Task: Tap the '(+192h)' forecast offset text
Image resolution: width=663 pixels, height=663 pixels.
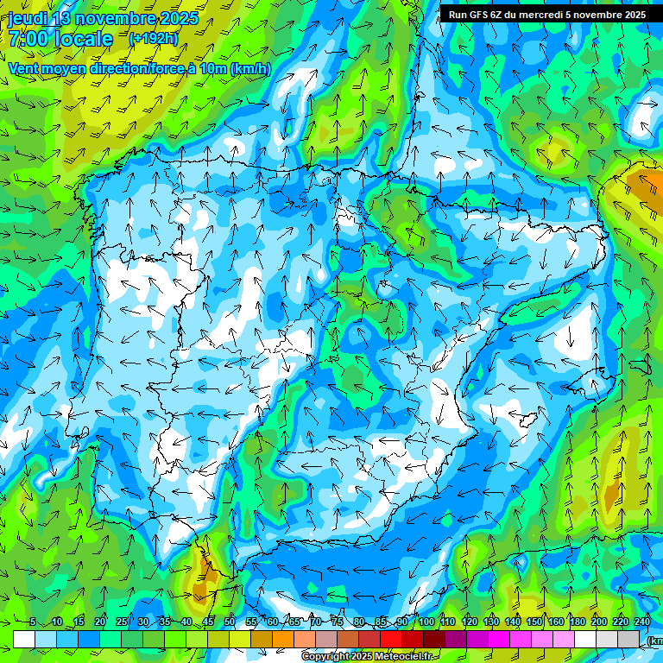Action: click(x=153, y=38)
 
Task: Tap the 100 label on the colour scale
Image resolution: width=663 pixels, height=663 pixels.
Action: click(x=426, y=622)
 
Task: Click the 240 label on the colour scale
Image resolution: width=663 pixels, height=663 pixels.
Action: click(x=642, y=622)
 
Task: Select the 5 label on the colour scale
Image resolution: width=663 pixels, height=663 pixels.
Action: click(x=33, y=622)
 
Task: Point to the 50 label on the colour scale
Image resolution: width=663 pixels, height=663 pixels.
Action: click(x=230, y=622)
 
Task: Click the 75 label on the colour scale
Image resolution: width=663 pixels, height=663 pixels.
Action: click(x=338, y=622)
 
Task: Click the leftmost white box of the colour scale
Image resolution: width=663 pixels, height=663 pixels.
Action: click(x=24, y=639)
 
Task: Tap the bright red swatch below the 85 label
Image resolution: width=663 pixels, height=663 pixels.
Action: click(x=390, y=639)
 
